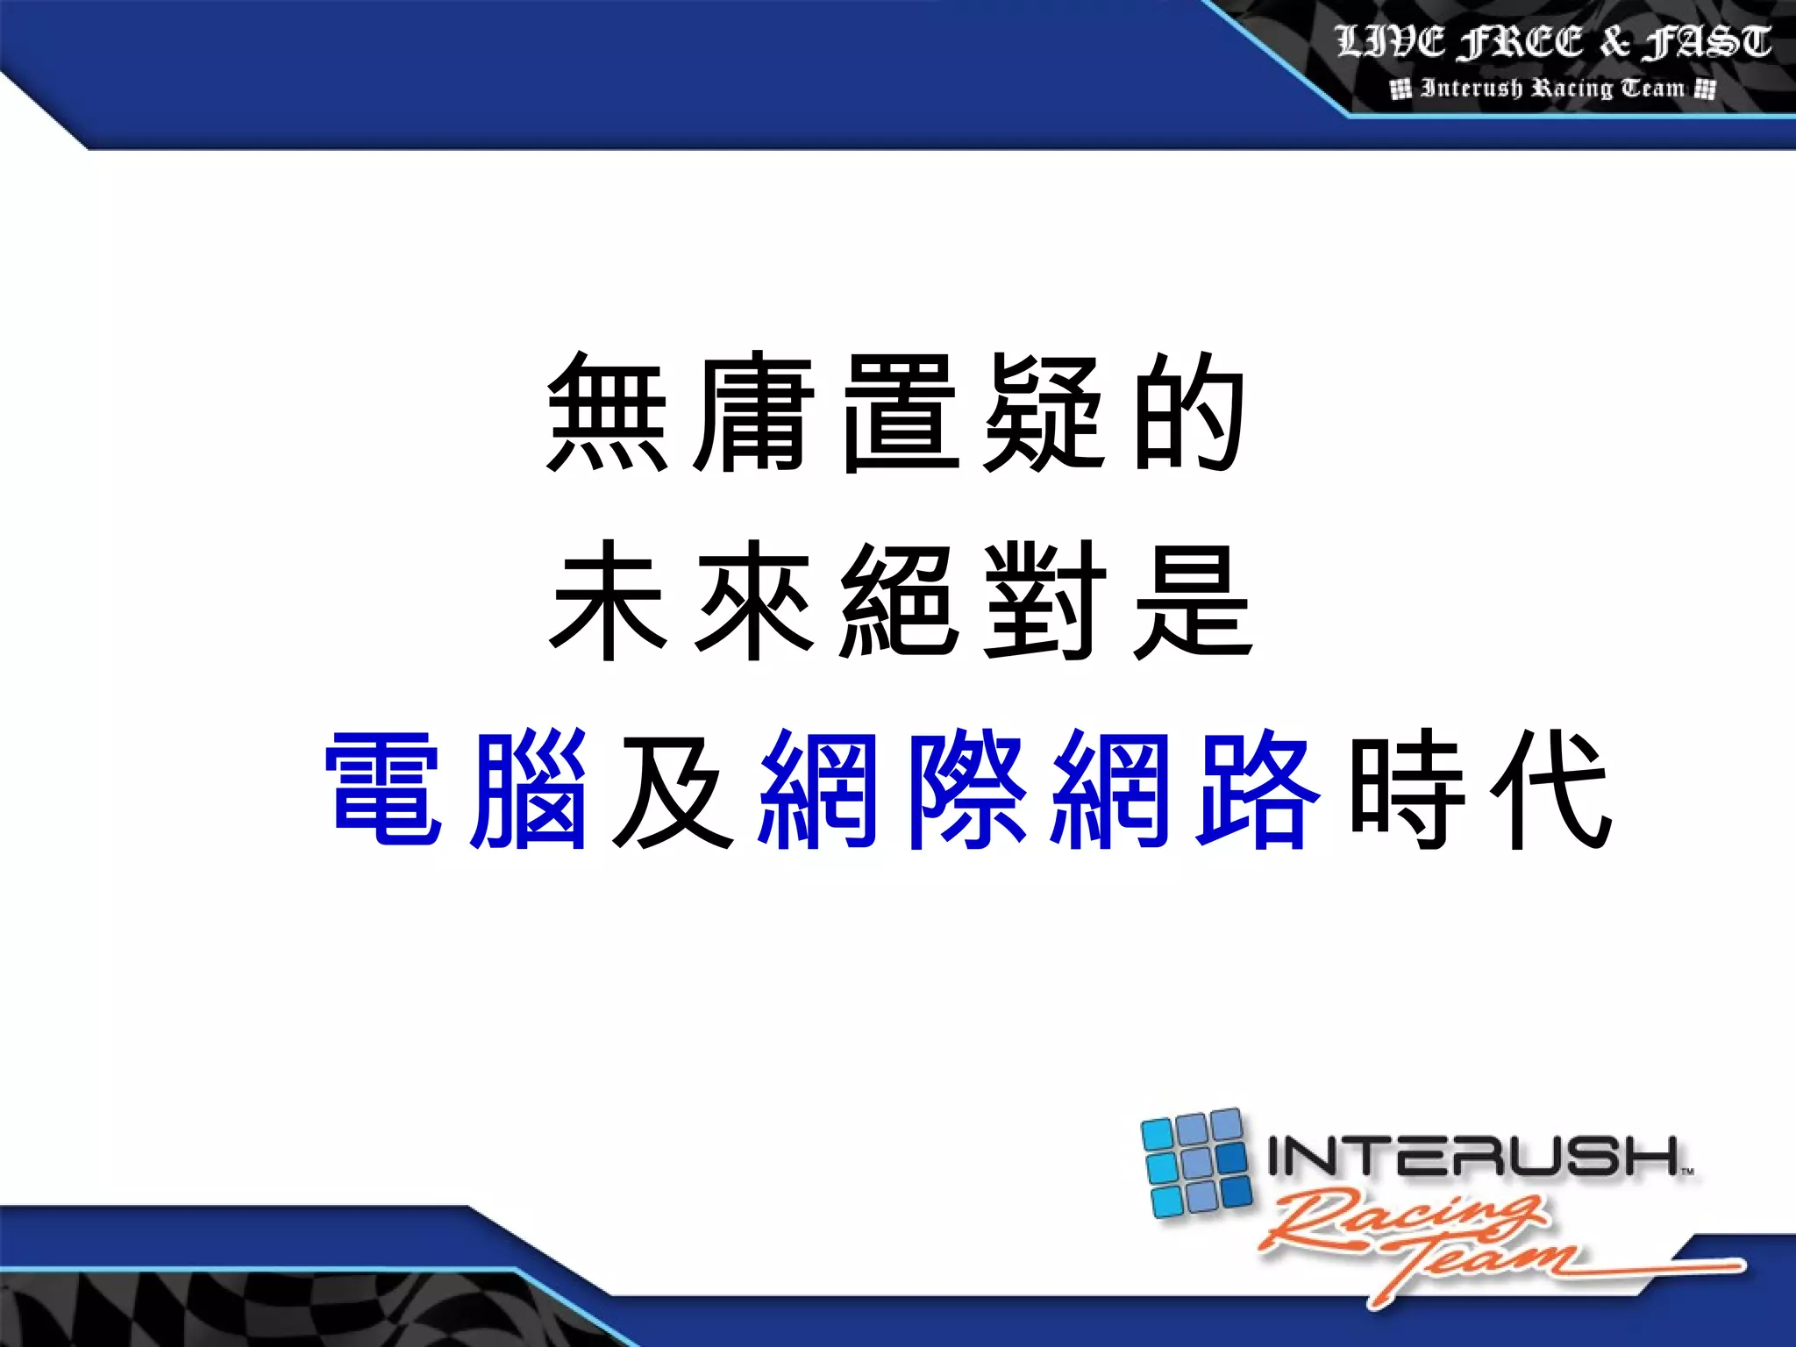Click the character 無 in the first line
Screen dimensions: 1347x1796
603,412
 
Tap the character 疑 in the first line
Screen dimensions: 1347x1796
1042,412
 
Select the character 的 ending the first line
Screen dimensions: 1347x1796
1189,412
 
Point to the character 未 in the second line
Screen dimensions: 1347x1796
605,601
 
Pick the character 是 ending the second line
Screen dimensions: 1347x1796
1193,601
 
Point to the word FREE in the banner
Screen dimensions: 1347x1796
1522,42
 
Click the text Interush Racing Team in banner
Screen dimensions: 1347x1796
1553,89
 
